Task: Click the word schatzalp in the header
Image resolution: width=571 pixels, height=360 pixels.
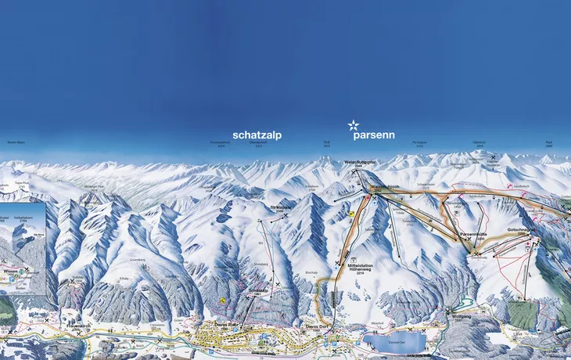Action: click(257, 135)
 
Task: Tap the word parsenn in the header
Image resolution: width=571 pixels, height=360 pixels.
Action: click(373, 135)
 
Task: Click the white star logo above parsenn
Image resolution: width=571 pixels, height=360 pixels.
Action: click(354, 124)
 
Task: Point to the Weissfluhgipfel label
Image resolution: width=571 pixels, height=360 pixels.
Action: click(355, 163)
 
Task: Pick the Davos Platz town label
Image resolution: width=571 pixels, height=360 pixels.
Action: click(227, 323)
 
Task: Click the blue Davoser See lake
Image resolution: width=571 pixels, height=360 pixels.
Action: click(394, 341)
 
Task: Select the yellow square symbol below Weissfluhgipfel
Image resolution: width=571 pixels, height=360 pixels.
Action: click(353, 212)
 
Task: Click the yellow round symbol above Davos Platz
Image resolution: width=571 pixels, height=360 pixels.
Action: click(224, 299)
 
